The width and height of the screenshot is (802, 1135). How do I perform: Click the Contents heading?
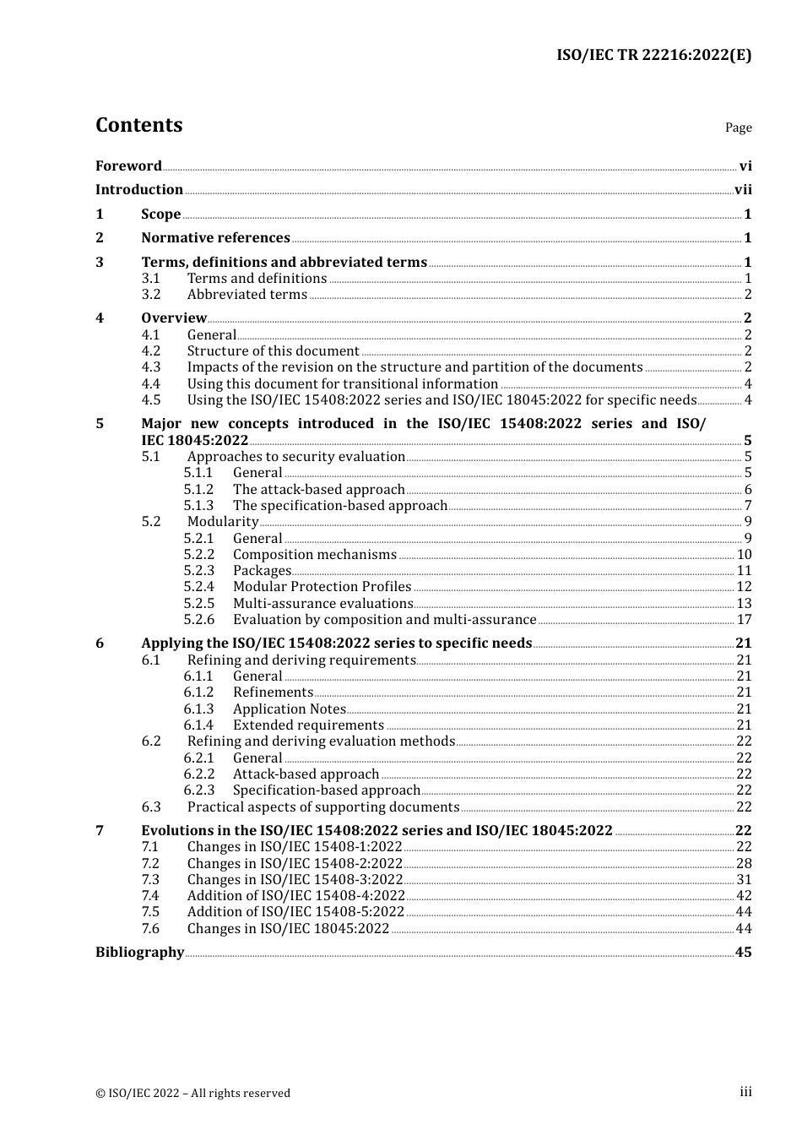pos(138,125)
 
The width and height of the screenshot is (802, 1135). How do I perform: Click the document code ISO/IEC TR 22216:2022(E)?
pos(653,56)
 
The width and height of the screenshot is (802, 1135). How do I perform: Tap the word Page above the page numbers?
pos(738,128)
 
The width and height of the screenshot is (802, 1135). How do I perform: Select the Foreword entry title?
pos(128,166)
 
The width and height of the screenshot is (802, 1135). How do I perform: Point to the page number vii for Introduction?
pos(743,190)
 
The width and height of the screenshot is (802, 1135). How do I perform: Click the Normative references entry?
pos(215,238)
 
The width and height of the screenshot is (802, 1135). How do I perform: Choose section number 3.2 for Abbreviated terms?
pos(151,295)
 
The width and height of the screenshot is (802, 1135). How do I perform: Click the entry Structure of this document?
pos(273,351)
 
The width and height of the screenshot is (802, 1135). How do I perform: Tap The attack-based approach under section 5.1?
pos(318,490)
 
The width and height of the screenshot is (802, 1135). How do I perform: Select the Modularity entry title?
pos(223,522)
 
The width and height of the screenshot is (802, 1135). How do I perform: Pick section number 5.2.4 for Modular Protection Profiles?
pos(199,587)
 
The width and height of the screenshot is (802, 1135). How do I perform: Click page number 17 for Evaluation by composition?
pos(744,620)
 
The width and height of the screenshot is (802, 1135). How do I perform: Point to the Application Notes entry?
pos(289,709)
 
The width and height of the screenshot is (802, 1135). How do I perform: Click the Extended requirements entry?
pos(308,725)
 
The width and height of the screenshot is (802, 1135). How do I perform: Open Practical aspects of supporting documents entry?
pos(322,807)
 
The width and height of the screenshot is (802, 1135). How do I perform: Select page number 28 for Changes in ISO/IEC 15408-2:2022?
pos(744,864)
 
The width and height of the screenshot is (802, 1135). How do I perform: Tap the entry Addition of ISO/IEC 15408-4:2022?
pos(295,896)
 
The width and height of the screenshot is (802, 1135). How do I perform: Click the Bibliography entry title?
pos(139,953)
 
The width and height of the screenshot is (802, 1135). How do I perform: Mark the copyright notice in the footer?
pos(192,1094)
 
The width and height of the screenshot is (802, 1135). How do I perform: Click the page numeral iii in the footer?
pos(745,1092)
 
